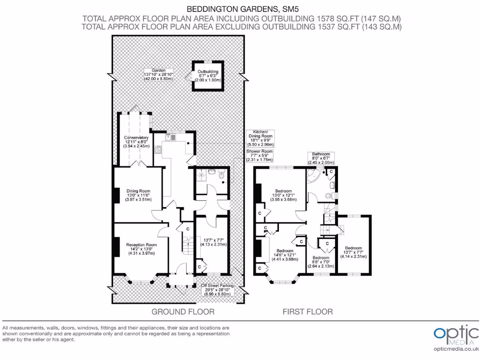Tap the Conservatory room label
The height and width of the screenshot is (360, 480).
point(136,141)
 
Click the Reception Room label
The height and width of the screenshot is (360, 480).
point(141,249)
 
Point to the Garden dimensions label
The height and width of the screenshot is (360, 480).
point(158,75)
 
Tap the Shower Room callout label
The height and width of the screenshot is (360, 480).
point(260,156)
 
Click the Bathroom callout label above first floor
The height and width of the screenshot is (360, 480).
point(321,158)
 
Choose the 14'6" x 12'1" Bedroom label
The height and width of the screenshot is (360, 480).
point(284,255)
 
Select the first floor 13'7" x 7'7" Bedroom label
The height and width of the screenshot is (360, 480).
point(353,252)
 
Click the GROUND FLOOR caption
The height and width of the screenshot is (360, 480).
point(183,312)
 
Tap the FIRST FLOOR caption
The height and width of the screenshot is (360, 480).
point(307,312)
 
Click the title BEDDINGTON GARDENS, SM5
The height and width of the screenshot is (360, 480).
point(242,8)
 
